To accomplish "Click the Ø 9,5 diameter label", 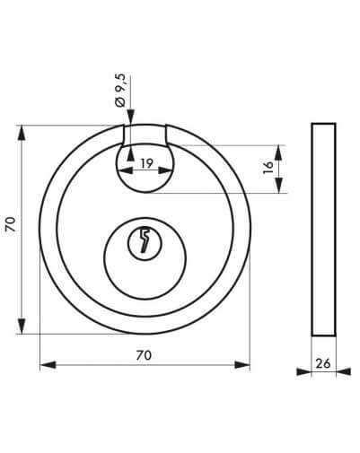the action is point(120,91).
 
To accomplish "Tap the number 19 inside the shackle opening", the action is point(146,163).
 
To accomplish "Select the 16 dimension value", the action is point(268,168).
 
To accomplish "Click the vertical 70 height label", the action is point(11,224).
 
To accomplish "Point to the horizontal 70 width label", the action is point(144,355).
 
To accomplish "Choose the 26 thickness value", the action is point(323,364).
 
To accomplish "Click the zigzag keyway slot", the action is point(145,240).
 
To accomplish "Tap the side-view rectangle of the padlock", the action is point(323,230).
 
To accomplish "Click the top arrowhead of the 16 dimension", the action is point(278,153).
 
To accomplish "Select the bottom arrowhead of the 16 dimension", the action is point(278,186).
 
